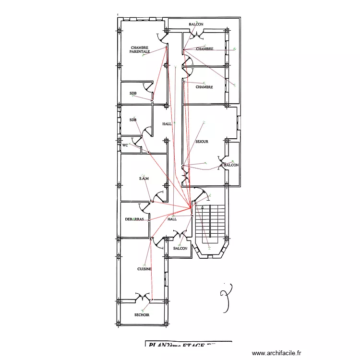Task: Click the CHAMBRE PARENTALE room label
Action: point(139,49)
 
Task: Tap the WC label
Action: point(125,144)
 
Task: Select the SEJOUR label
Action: point(202,142)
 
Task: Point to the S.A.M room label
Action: point(144,179)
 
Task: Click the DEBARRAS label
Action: point(134,219)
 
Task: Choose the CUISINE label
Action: point(144,269)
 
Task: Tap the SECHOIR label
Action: point(142,315)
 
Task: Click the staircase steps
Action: point(210,221)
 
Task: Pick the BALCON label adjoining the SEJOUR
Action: point(231,165)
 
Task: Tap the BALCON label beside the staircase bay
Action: point(180,248)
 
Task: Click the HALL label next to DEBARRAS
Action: point(172,219)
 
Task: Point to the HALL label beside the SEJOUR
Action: point(167,124)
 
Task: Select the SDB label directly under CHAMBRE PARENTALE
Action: point(133,93)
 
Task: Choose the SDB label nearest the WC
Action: point(133,120)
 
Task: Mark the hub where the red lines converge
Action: point(191,208)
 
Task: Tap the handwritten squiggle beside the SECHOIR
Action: point(226,298)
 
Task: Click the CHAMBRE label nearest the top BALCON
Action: point(204,49)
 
